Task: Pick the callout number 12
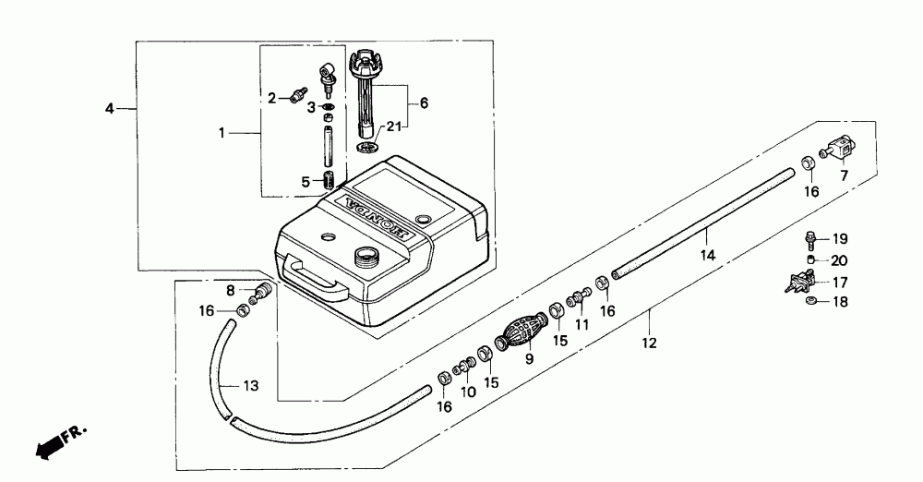(650, 343)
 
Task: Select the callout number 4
(110, 108)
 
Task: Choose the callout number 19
(840, 238)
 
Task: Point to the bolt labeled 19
(808, 238)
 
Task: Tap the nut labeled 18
(810, 302)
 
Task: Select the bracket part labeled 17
(800, 281)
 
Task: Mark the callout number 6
(425, 103)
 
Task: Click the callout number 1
(221, 134)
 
